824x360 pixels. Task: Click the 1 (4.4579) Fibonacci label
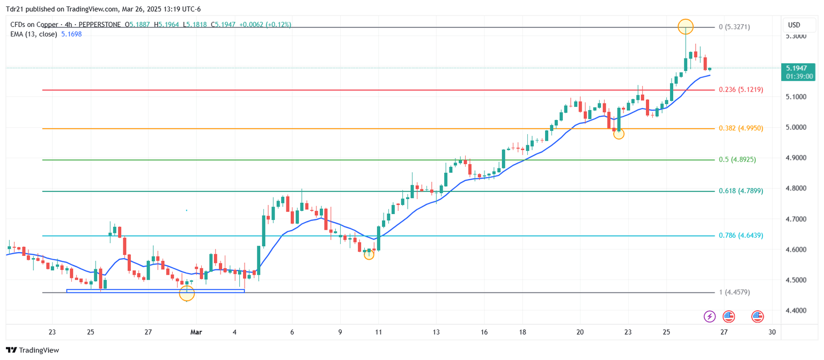pyautogui.click(x=734, y=292)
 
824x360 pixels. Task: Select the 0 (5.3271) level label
pyautogui.click(x=734, y=27)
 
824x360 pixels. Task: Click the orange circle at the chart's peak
pyautogui.click(x=686, y=26)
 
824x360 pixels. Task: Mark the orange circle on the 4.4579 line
pyautogui.click(x=187, y=293)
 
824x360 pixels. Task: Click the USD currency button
pyautogui.click(x=793, y=25)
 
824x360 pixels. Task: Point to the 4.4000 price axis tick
pyautogui.click(x=797, y=311)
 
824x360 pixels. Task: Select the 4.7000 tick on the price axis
pyautogui.click(x=797, y=219)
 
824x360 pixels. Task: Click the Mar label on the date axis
pyautogui.click(x=196, y=332)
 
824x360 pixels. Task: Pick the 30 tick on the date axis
pyautogui.click(x=772, y=332)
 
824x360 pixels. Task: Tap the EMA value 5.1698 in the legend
pyautogui.click(x=71, y=34)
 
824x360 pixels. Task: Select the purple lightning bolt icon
pyautogui.click(x=710, y=317)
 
